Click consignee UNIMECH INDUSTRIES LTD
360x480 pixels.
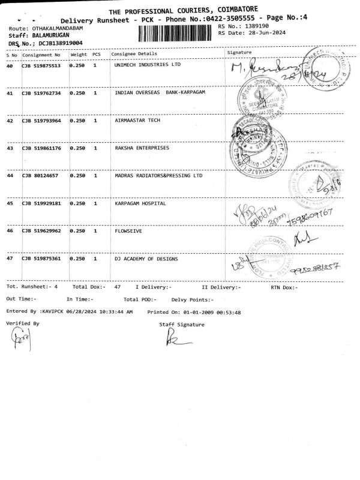[x=147, y=64]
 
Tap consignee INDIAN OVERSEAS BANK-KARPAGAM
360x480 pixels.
[x=160, y=94]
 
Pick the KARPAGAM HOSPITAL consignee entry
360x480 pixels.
[x=140, y=203]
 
